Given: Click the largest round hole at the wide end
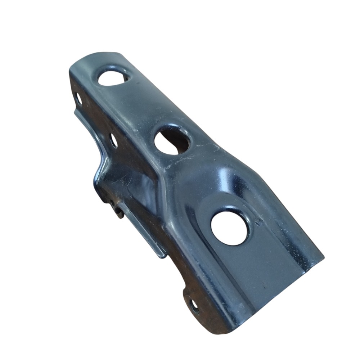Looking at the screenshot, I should (230, 228).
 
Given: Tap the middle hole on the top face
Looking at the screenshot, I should (172, 141).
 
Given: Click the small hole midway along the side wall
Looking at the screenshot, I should (113, 140).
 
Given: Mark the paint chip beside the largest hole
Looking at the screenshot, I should (258, 222).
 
